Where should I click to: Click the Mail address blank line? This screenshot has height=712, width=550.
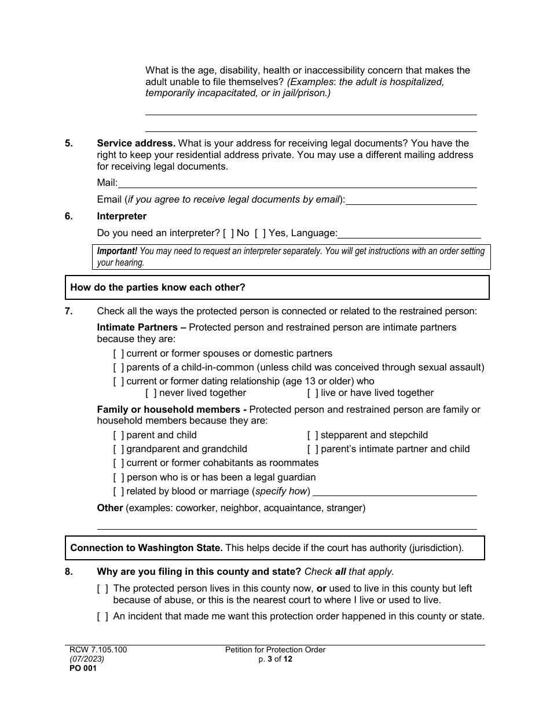pyautogui.click(x=297, y=183)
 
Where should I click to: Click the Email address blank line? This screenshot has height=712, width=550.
pyautogui.click(x=411, y=200)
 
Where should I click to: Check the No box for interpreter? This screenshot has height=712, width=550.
pyautogui.click(x=229, y=233)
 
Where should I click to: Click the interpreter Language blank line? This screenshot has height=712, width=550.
pyautogui.click(x=409, y=234)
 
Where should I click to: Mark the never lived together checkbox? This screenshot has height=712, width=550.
pyautogui.click(x=151, y=393)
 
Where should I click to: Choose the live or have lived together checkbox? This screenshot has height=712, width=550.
pyautogui.click(x=313, y=393)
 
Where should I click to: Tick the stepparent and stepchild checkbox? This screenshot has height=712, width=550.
pyautogui.click(x=313, y=435)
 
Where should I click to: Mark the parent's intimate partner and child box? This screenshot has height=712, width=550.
pyautogui.click(x=313, y=449)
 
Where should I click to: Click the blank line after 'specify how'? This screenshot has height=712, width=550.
pyautogui.click(x=394, y=492)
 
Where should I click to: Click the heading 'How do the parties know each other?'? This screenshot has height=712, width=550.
pyautogui.click(x=157, y=287)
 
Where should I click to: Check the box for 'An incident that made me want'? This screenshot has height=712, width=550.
pyautogui.click(x=102, y=616)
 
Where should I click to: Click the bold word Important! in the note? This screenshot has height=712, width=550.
pyautogui.click(x=117, y=251)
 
